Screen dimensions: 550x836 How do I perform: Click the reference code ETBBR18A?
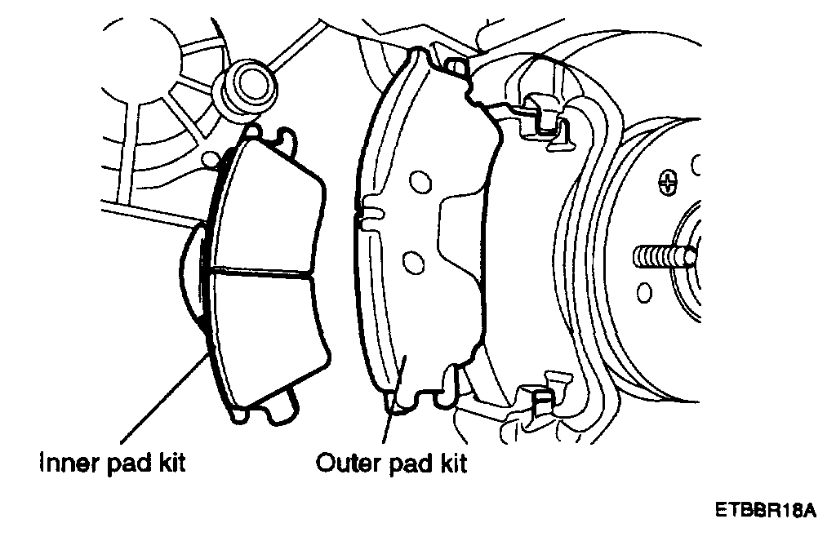[765, 512]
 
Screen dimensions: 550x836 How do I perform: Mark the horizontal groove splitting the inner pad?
[261, 273]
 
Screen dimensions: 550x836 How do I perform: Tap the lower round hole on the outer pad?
[413, 261]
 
